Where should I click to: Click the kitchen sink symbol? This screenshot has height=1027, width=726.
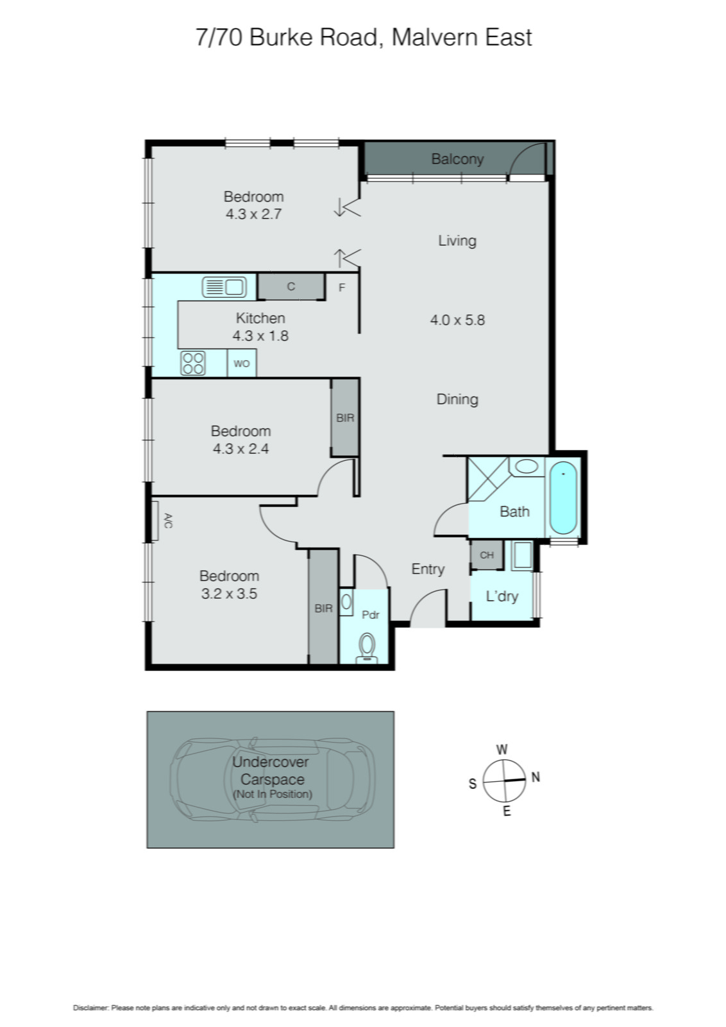[224, 286]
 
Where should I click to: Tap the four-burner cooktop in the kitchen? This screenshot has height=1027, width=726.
[192, 363]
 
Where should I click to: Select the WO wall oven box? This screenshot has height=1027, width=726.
[242, 363]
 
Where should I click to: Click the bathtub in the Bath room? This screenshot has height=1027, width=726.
[564, 497]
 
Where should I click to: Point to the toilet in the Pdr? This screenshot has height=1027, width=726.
[367, 646]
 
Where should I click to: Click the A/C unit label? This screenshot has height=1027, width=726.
[167, 521]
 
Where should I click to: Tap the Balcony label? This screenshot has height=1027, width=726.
[457, 159]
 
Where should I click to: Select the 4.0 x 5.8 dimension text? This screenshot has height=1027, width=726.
[457, 320]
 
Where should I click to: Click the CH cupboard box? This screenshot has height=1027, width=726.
[487, 555]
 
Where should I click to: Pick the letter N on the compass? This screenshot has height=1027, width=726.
[536, 777]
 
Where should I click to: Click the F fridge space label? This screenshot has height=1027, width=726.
[342, 288]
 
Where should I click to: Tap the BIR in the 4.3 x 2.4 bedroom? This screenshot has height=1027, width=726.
[345, 418]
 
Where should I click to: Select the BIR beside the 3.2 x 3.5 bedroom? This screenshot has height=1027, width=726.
[324, 608]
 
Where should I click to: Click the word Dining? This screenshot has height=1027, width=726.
[457, 399]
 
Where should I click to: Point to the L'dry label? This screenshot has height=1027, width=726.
[502, 596]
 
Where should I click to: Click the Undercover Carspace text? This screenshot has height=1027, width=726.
[271, 771]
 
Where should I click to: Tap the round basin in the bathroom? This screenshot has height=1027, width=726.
[527, 467]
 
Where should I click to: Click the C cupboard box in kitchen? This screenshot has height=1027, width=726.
[291, 286]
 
